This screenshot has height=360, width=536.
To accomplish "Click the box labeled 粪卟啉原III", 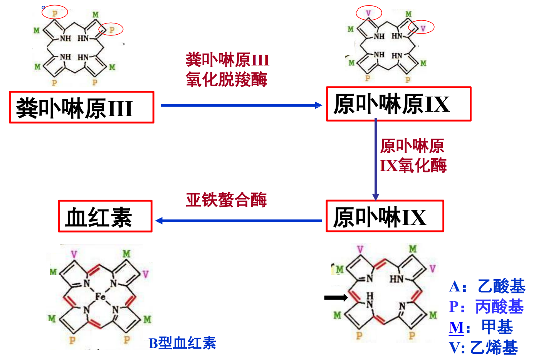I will pos(81,107).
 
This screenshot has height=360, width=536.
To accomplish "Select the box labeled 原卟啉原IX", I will pos(398,104).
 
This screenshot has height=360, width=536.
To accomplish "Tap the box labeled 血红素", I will pos(105,216).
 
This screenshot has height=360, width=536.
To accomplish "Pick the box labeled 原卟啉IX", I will pos(385,216).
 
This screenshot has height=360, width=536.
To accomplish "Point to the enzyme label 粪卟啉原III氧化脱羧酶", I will pos(227,70).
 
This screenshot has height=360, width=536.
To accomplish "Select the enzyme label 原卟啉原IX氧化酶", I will pos(413,156).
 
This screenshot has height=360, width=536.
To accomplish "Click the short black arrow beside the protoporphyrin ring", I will pos(336,297).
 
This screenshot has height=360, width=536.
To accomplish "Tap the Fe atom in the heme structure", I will pos(100,296).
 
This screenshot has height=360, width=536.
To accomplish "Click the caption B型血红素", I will pos(182,343).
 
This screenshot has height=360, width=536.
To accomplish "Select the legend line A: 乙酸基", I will pos(487,286).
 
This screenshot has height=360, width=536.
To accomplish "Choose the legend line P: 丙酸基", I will pos(486,307).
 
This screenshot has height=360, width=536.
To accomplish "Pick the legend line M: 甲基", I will pos(481,328).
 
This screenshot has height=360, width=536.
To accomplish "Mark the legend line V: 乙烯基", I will pos(484,348).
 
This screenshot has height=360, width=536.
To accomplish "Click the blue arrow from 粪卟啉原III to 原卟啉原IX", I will pos(241,105).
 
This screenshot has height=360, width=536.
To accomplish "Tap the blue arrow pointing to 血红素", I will pos(239,221).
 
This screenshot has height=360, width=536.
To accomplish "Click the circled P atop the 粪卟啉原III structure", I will pos(55,13).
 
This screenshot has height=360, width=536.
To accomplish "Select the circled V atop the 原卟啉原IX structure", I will pos(368,13).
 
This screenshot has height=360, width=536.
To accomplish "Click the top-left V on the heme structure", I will pos(74,254).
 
